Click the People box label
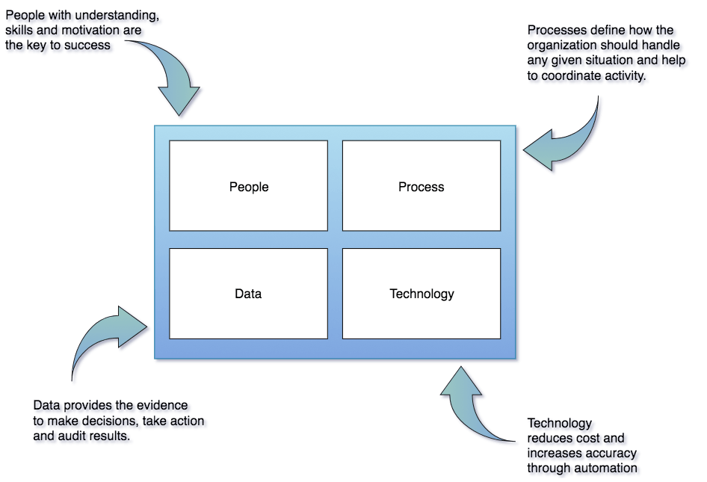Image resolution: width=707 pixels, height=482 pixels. [249, 187]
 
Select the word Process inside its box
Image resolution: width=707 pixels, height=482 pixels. [421, 187]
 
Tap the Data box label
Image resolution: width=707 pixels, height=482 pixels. [248, 294]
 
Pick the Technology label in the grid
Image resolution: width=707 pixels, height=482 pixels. [422, 294]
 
